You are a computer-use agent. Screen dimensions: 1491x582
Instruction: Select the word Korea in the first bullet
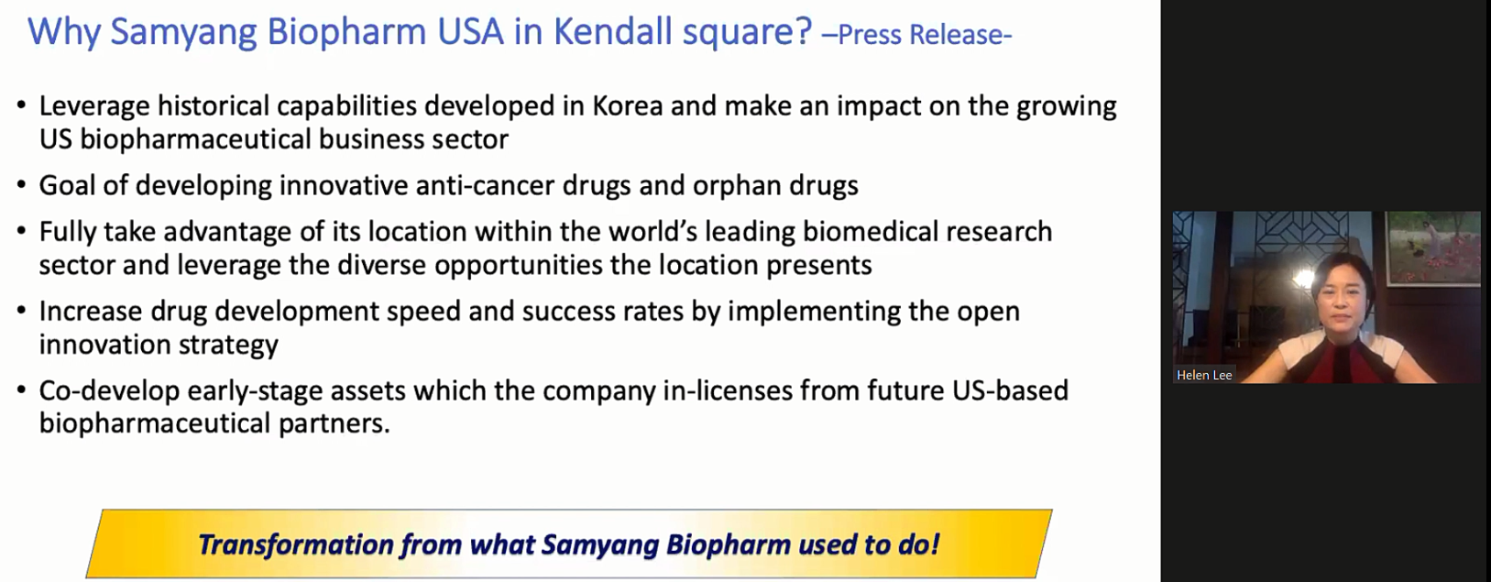pyautogui.click(x=628, y=106)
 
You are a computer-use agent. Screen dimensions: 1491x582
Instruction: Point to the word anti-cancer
pyautogui.click(x=486, y=185)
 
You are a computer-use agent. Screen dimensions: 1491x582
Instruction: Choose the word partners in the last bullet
pyautogui.click(x=334, y=423)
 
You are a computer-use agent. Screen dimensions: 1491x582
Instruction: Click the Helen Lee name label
pyautogui.click(x=1204, y=375)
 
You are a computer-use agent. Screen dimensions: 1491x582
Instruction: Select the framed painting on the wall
pyautogui.click(x=1433, y=248)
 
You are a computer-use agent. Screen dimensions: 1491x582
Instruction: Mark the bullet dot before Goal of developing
pyautogui.click(x=22, y=186)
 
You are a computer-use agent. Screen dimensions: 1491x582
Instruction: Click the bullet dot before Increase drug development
pyautogui.click(x=22, y=312)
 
